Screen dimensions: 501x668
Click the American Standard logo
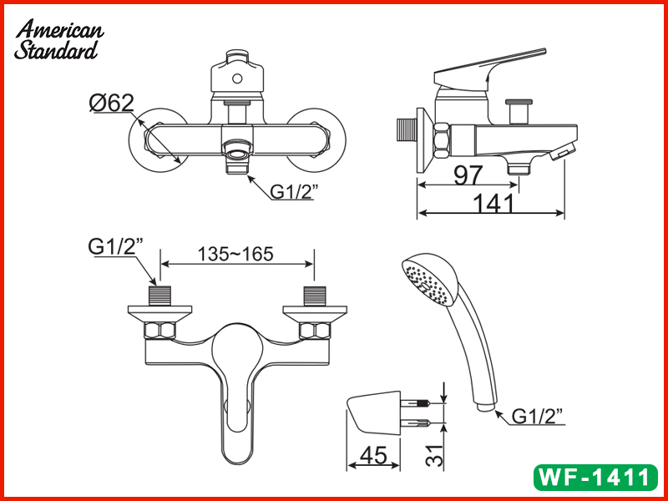tap(58, 39)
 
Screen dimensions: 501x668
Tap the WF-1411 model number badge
tap(595, 478)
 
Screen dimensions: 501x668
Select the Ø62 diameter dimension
tap(111, 103)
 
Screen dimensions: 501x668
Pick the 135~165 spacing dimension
tap(235, 254)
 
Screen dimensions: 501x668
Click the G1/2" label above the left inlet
tap(115, 247)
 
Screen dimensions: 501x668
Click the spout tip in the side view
tap(565, 149)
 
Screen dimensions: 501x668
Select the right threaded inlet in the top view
tap(314, 296)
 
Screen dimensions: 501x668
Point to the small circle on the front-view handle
tap(236, 81)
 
